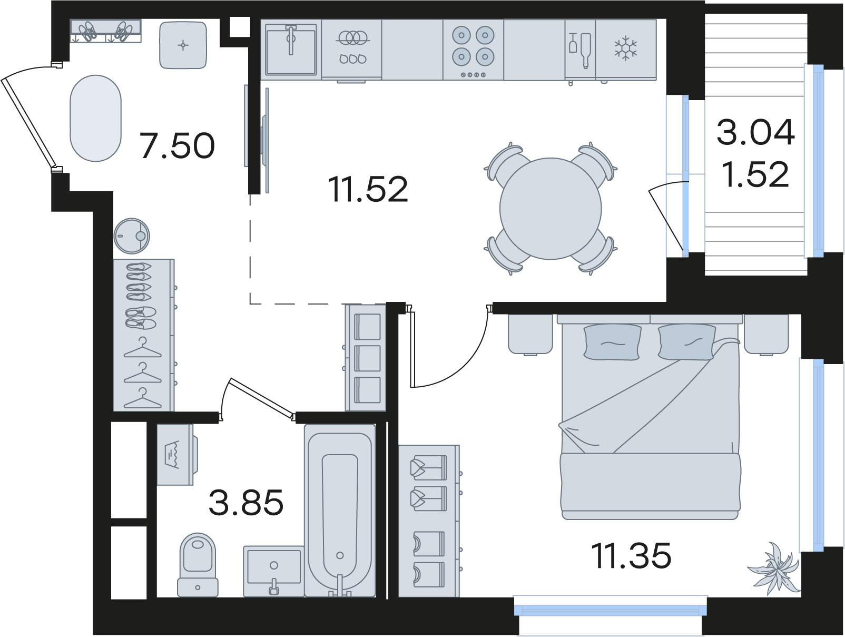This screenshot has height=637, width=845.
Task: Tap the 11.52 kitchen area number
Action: click(x=368, y=189)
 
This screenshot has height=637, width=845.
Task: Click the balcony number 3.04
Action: click(x=755, y=132)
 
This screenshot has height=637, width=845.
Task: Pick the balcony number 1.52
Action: click(x=755, y=174)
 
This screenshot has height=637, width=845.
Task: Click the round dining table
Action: click(x=551, y=209)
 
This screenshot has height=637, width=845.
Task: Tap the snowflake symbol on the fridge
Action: click(x=625, y=48)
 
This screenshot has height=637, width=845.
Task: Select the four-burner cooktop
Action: click(x=473, y=50)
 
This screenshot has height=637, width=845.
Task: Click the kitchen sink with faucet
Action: click(x=291, y=50)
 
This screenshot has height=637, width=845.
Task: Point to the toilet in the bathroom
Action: click(x=198, y=565)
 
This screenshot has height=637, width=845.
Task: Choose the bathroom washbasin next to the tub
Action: click(x=274, y=571)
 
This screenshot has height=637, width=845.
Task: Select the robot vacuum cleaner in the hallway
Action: click(x=132, y=236)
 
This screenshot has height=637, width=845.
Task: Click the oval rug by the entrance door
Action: click(x=95, y=118)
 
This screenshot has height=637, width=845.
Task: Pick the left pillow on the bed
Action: click(x=613, y=342)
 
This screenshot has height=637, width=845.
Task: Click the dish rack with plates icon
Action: click(x=352, y=46)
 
